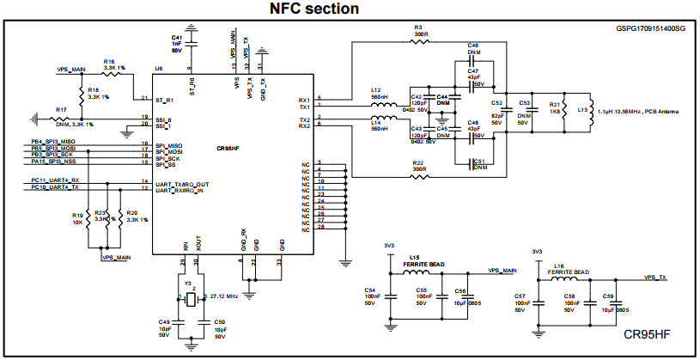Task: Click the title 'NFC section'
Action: click(314, 9)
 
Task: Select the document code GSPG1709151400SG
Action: click(649, 28)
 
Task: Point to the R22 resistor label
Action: click(417, 162)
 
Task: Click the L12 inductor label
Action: click(376, 90)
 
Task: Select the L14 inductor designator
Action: click(376, 123)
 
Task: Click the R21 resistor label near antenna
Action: click(554, 103)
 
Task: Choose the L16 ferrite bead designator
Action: click(559, 266)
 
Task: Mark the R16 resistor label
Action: click(108, 61)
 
